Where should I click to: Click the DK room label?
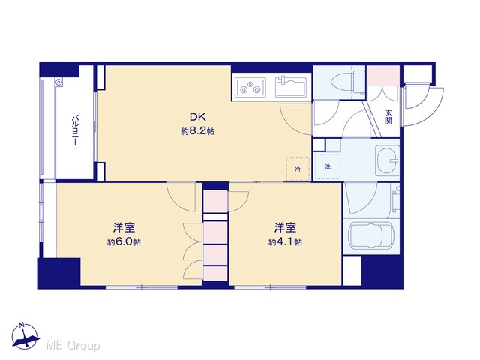pyautogui.click(x=197, y=117)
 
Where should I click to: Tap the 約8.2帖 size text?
pyautogui.click(x=197, y=131)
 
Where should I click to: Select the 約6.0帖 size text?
pyautogui.click(x=124, y=241)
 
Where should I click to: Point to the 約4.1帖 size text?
pyautogui.click(x=285, y=241)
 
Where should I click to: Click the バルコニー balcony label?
pyautogui.click(x=75, y=130)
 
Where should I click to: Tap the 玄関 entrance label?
pyautogui.click(x=388, y=117)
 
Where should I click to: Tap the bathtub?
pyautogui.click(x=370, y=235)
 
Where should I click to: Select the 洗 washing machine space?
pyautogui.click(x=328, y=166)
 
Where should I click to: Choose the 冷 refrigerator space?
pyautogui.click(x=298, y=169)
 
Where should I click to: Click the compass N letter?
pyautogui.click(x=22, y=325)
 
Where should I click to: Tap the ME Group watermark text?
pyautogui.click(x=73, y=345)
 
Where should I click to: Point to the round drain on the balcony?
pyautogui.click(x=58, y=82)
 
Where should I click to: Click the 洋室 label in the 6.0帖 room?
pyautogui.click(x=124, y=228)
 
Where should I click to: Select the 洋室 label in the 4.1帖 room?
pyautogui.click(x=285, y=228)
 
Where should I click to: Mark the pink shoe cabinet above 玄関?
pyautogui.click(x=383, y=76)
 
